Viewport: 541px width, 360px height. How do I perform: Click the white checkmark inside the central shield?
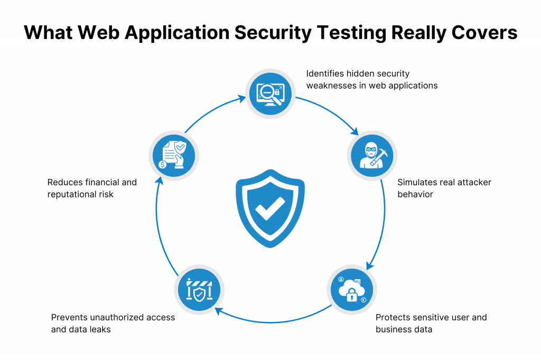(270, 209)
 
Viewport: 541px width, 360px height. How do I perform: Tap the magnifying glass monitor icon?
(270, 94)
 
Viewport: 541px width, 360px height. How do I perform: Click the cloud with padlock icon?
(352, 290)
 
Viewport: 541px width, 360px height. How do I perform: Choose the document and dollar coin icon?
(173, 155)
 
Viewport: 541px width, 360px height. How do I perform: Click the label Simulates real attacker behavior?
(444, 188)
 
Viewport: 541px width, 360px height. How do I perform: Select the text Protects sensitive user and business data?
(431, 323)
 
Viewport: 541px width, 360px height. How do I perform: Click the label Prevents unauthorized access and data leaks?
(113, 323)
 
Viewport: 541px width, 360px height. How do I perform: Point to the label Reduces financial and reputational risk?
(92, 188)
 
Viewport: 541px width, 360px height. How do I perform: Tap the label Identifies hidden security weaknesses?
(372, 79)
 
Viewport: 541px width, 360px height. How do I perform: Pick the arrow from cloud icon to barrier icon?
(275, 319)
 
